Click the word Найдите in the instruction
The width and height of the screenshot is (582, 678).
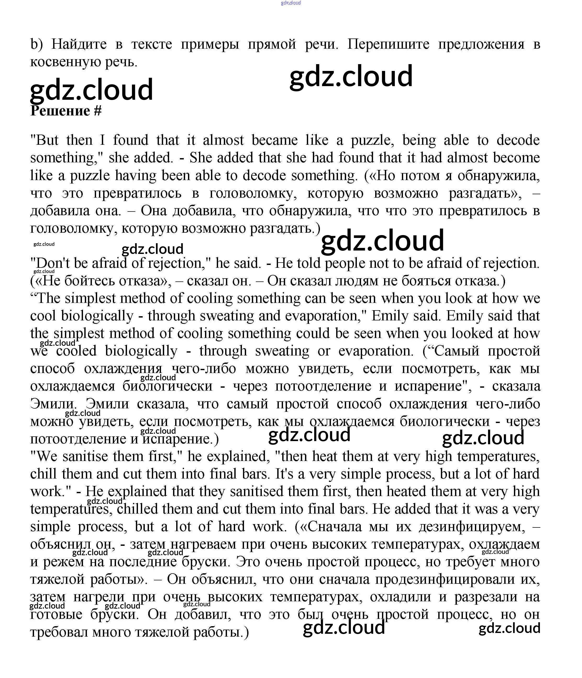(79, 44)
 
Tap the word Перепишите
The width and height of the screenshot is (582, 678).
(388, 44)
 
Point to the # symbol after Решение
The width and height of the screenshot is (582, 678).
(98, 111)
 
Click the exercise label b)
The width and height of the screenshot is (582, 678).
(37, 44)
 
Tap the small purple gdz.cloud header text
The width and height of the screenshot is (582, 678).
(291, 3)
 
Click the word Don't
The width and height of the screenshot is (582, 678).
(52, 263)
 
